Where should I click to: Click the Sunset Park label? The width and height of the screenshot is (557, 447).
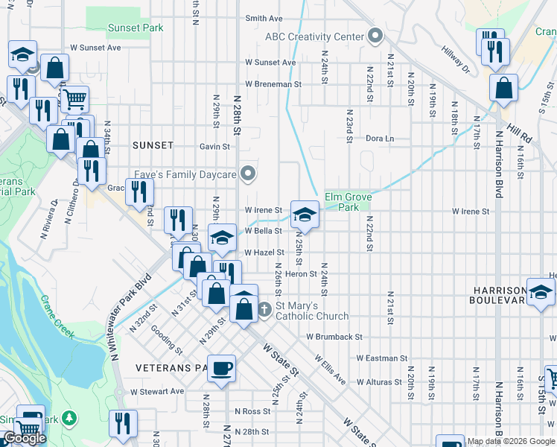(x=135, y=28)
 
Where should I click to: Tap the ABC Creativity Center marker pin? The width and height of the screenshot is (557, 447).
(x=375, y=37)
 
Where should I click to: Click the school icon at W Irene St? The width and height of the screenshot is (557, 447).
(x=304, y=215)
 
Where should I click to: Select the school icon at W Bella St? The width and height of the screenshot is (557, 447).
(x=221, y=238)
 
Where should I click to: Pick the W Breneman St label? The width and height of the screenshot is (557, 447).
(x=273, y=84)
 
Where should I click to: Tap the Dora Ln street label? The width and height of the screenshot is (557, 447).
(x=379, y=139)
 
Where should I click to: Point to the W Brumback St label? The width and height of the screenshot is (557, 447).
(x=334, y=337)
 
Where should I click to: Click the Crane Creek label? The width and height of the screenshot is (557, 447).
(x=58, y=317)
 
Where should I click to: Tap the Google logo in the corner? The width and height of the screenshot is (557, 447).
(x=25, y=438)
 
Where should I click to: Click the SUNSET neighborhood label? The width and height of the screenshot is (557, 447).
(x=153, y=145)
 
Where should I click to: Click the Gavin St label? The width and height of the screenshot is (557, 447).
(x=214, y=147)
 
